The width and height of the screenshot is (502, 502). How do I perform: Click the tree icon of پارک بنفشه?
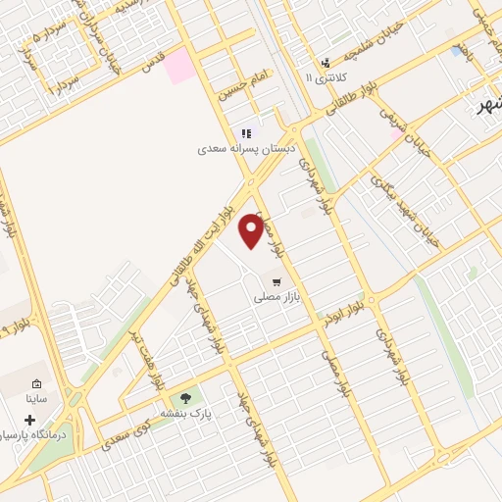click(x=185, y=398)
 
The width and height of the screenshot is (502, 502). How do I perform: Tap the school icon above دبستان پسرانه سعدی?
click(x=246, y=133)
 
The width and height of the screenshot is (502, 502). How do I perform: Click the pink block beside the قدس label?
click(x=179, y=67)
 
